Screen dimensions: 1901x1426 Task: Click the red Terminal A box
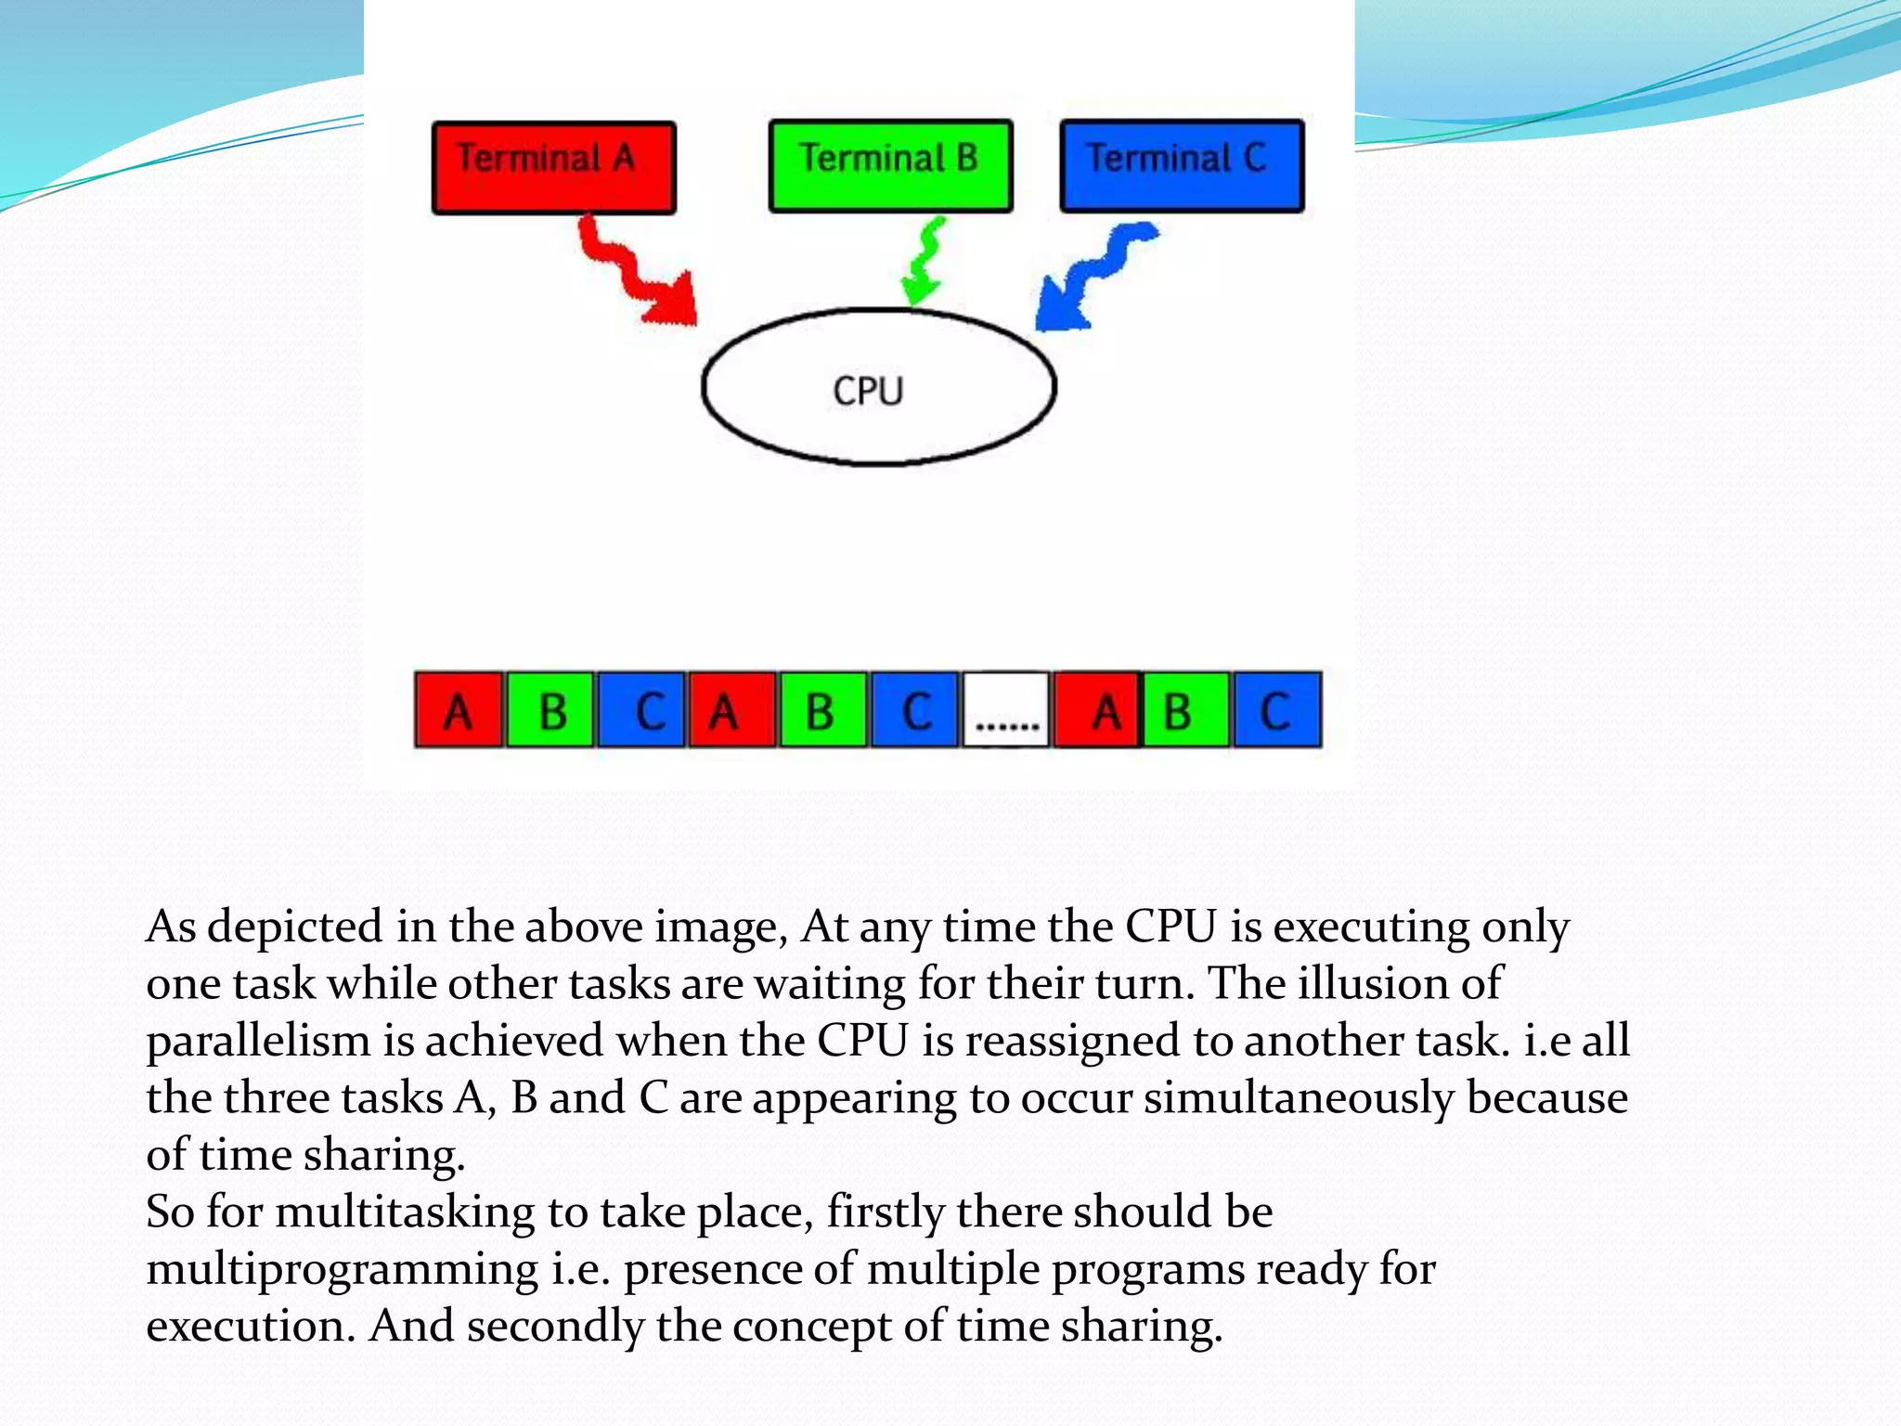pyautogui.click(x=553, y=167)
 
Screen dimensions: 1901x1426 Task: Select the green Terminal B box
pyautogui.click(x=890, y=166)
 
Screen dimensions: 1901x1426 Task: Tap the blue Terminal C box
pyautogui.click(x=1182, y=166)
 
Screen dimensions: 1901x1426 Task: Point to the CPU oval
pyautogui.click(x=878, y=387)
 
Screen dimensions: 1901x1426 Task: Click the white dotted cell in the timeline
pyautogui.click(x=1006, y=710)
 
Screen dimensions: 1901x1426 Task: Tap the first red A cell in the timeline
pyautogui.click(x=459, y=710)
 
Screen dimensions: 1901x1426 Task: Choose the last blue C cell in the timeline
pyautogui.click(x=1276, y=710)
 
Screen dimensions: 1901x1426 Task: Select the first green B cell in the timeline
pyautogui.click(x=550, y=710)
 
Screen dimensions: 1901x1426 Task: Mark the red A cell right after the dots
pyautogui.click(x=1096, y=710)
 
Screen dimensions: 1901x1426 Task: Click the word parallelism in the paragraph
pyautogui.click(x=258, y=1042)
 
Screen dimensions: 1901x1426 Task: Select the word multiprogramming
pyautogui.click(x=342, y=1270)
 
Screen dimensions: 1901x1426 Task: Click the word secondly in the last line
pyautogui.click(x=555, y=1327)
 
